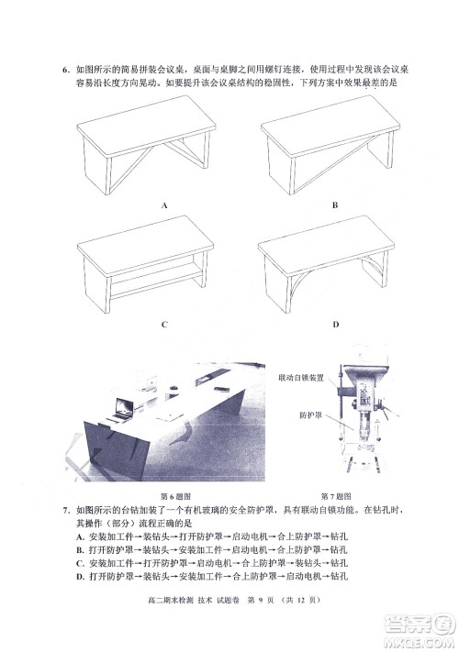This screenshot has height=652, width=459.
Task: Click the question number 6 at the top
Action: click(x=65, y=67)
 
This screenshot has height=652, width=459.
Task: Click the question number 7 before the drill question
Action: click(x=65, y=508)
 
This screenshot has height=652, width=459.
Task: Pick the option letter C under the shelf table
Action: click(x=163, y=325)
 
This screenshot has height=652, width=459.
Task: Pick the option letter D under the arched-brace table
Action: click(x=336, y=325)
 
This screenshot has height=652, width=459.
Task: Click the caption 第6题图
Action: click(x=175, y=494)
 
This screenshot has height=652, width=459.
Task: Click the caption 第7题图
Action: click(x=335, y=494)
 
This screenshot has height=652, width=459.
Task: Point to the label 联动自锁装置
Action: click(x=305, y=377)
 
